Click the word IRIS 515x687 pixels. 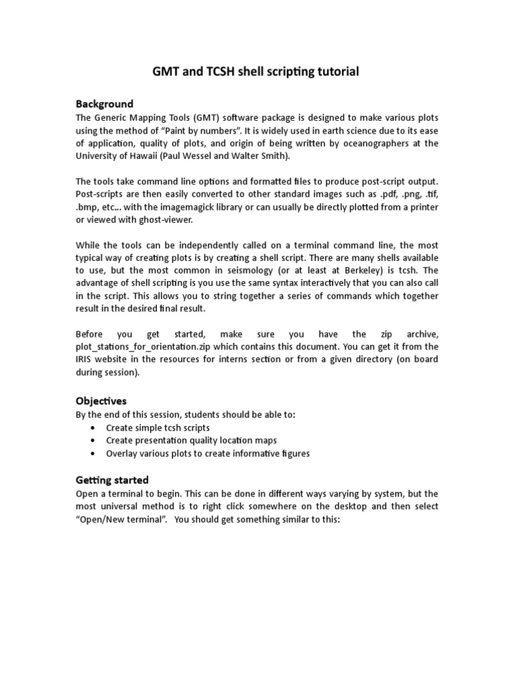click(85, 360)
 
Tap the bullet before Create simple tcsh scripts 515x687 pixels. click(92, 427)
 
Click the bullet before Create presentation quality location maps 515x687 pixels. click(92, 441)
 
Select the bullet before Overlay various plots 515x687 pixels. click(92, 454)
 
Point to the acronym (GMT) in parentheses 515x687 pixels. click(197, 117)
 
